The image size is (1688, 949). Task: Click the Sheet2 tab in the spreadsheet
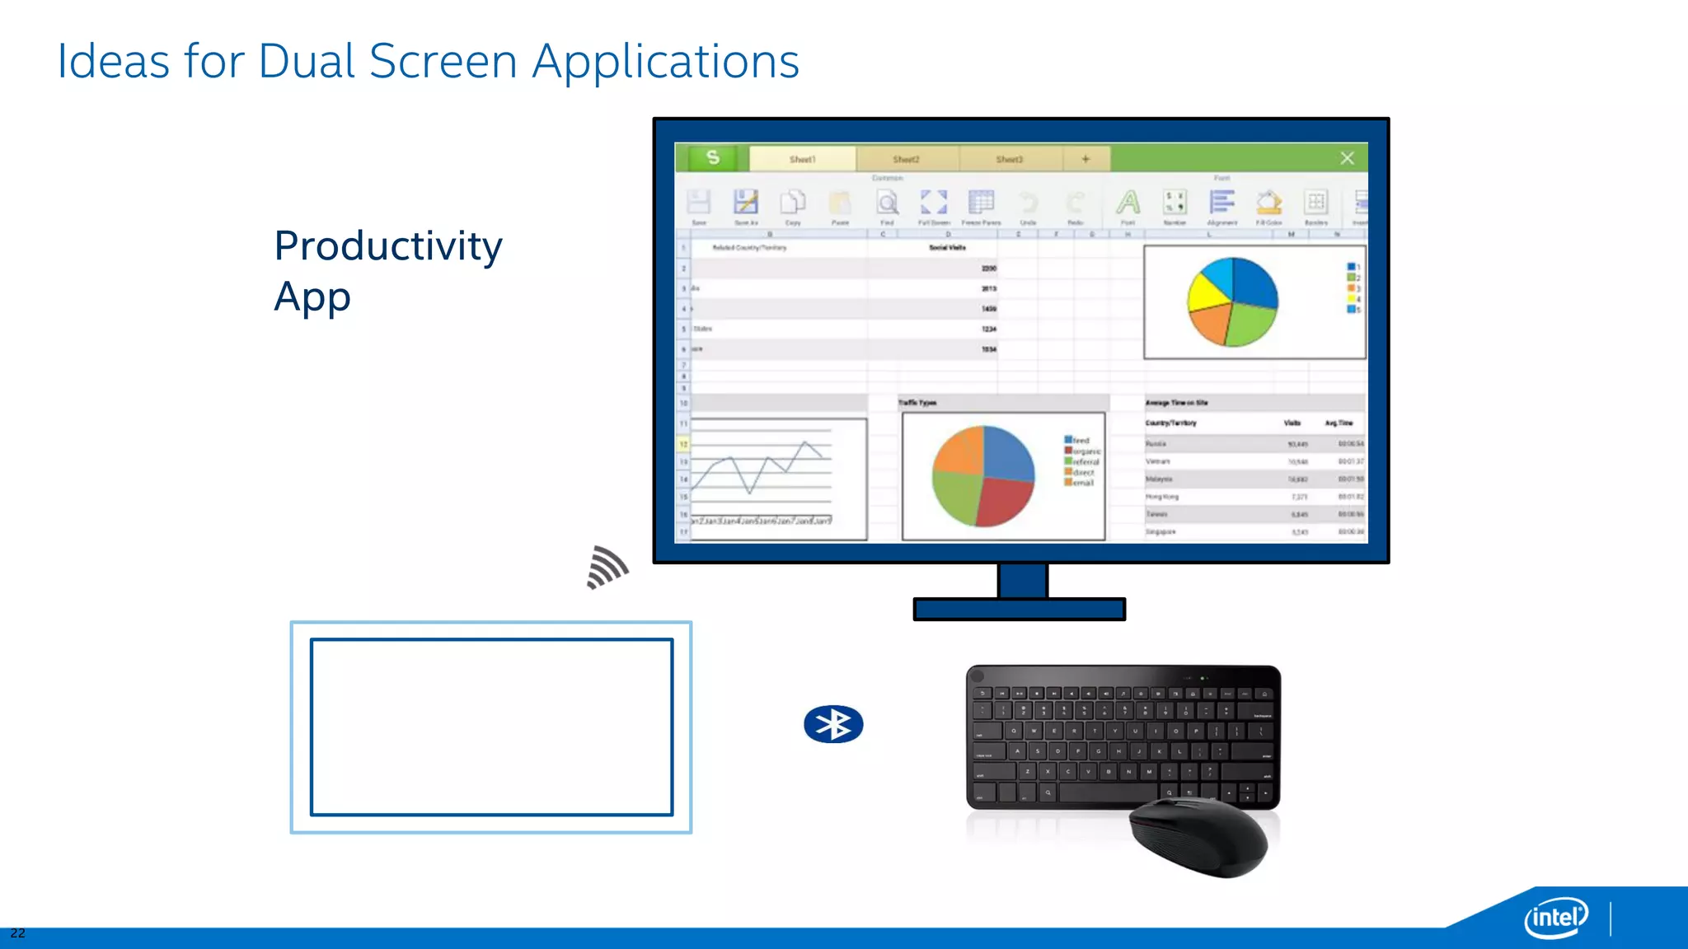tap(906, 159)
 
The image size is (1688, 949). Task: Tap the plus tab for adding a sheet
tap(1085, 159)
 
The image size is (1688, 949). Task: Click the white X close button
tap(1347, 158)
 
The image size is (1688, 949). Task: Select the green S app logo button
tap(713, 158)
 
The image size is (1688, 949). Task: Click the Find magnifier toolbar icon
tap(887, 203)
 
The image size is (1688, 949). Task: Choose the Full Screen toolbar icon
tap(934, 203)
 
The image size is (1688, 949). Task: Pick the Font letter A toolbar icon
tap(1128, 203)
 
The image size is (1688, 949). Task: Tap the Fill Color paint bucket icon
tap(1268, 203)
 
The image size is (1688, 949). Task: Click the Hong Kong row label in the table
tap(1162, 497)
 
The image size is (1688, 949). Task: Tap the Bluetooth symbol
tap(833, 725)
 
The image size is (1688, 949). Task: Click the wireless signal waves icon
tap(607, 568)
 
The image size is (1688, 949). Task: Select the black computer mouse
tap(1198, 836)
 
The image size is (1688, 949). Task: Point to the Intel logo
tap(1555, 917)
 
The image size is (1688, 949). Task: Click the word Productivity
tap(388, 246)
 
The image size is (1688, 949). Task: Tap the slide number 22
tap(17, 933)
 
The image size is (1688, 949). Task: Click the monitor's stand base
tap(1020, 610)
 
